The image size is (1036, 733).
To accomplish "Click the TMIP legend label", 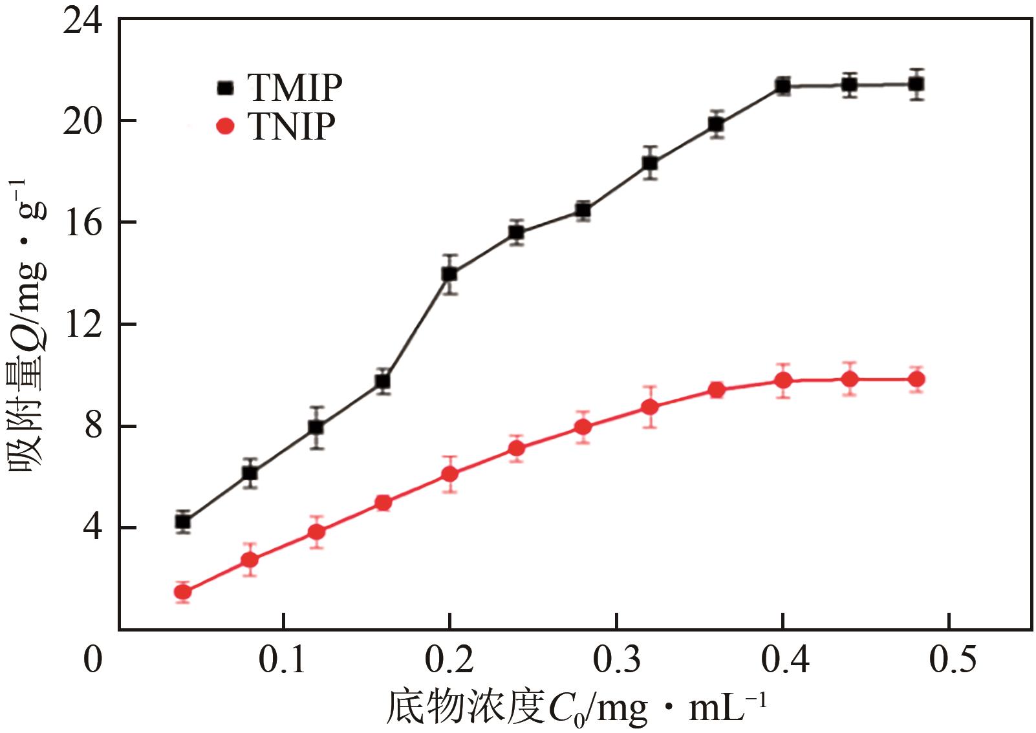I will [x=294, y=88].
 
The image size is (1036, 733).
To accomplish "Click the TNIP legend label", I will [x=291, y=126].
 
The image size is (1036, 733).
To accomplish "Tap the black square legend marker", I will [x=225, y=88].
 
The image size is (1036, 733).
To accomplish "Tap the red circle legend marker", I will [x=225, y=126].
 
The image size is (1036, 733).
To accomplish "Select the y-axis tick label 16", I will [x=82, y=222].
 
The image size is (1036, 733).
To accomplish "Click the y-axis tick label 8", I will [x=93, y=426].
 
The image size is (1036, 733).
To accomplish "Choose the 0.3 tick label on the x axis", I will [x=617, y=660].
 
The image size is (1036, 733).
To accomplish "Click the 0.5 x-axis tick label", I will [x=952, y=660].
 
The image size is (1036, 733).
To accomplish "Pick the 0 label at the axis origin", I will [x=93, y=660].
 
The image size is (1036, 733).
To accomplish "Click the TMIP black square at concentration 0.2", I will [x=449, y=274].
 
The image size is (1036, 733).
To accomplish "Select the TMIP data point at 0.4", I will [x=783, y=86].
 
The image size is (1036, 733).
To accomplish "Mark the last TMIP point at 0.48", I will [x=916, y=84].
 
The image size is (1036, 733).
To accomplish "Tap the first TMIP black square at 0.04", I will [x=183, y=522].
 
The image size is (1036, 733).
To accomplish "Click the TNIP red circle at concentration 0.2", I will [x=449, y=474].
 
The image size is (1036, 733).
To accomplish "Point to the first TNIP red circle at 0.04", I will [x=183, y=591].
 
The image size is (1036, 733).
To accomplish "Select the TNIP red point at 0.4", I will [x=783, y=380].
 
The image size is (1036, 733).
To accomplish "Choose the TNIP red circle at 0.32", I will [x=650, y=407].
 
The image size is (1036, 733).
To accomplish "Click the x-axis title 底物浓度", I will [x=466, y=708].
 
